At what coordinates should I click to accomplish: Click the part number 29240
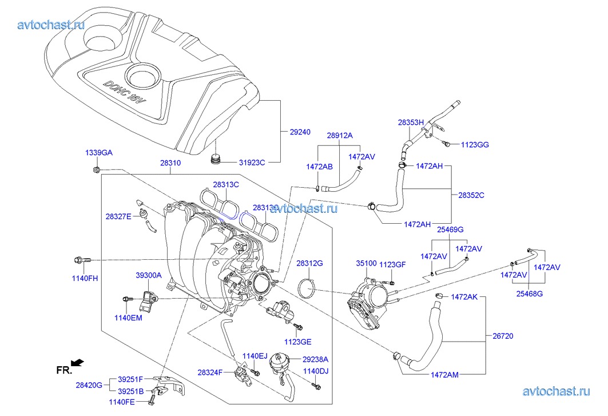pos(300,132)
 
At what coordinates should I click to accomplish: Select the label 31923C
pos(252,162)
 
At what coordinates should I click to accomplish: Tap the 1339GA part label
pos(99,153)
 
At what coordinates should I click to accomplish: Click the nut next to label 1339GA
pos(97,169)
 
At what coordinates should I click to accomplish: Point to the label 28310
pos(170,163)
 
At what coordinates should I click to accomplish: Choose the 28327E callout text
pos(118,216)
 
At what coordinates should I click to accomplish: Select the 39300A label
pos(148,275)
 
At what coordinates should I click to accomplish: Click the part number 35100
pos(366,264)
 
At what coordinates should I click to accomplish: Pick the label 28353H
pos(411,122)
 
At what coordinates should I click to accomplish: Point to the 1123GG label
pos(475,145)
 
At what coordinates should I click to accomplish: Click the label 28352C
pos(471,195)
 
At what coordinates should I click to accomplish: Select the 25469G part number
pos(450,229)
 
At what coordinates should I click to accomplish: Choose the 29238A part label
pos(315,359)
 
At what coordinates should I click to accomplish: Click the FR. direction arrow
pos(78,362)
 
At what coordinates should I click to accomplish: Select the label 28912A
pos(340,136)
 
